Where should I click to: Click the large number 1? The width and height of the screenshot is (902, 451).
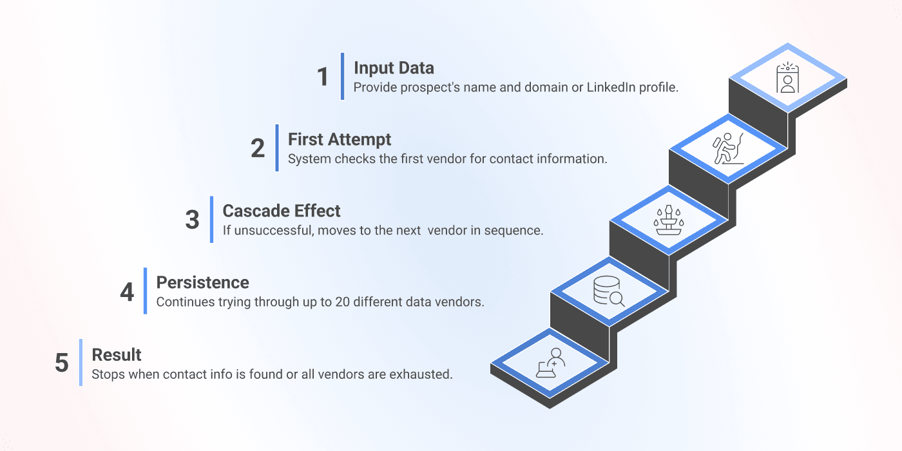click(x=323, y=77)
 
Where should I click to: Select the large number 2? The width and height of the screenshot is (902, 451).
click(x=258, y=148)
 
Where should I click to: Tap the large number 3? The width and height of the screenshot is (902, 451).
click(x=192, y=220)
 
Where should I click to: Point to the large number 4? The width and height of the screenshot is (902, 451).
click(x=127, y=292)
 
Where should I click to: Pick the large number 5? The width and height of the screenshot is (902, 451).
click(x=61, y=363)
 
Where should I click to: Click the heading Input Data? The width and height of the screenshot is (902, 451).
click(x=394, y=68)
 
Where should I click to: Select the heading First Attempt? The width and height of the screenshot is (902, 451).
click(x=340, y=139)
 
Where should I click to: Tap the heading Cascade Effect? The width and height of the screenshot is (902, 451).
click(x=282, y=211)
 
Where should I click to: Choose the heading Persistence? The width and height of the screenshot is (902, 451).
click(x=202, y=282)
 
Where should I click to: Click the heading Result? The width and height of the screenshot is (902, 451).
click(x=117, y=354)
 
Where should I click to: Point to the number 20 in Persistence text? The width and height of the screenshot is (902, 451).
click(x=343, y=302)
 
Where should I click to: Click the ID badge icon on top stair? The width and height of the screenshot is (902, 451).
click(x=787, y=78)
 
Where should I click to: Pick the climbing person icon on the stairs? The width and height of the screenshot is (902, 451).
click(x=728, y=149)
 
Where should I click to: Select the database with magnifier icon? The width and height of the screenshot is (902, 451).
click(x=609, y=293)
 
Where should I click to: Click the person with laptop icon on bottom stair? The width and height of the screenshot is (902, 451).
click(x=550, y=363)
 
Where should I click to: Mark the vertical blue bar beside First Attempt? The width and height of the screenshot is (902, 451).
click(x=277, y=148)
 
